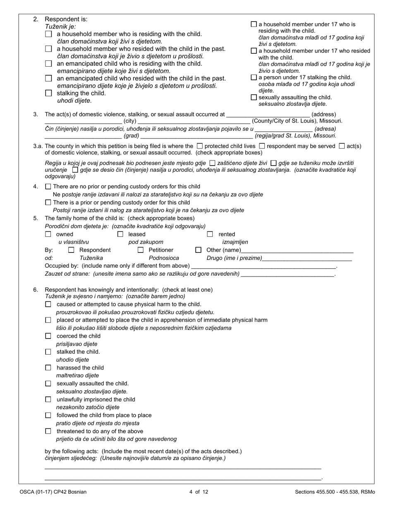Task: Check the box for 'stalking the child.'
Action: point(48,93)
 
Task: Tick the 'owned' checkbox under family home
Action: point(48,234)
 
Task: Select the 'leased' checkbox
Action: point(120,234)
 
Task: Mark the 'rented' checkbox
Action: point(210,234)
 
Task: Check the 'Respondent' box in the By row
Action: point(71,250)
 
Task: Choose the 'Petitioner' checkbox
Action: point(141,250)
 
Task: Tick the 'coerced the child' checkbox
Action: point(48,336)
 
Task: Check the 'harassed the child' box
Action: point(48,367)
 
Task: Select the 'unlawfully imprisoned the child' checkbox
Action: point(48,399)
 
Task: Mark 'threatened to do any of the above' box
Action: point(48,431)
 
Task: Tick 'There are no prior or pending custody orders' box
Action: point(48,187)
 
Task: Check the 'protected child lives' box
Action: point(200,146)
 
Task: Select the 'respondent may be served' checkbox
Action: point(262,146)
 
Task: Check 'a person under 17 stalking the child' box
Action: point(254,77)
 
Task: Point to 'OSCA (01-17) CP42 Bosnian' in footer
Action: point(53,492)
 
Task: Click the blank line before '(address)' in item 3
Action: point(268,115)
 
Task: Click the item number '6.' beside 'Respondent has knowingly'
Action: point(36,290)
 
